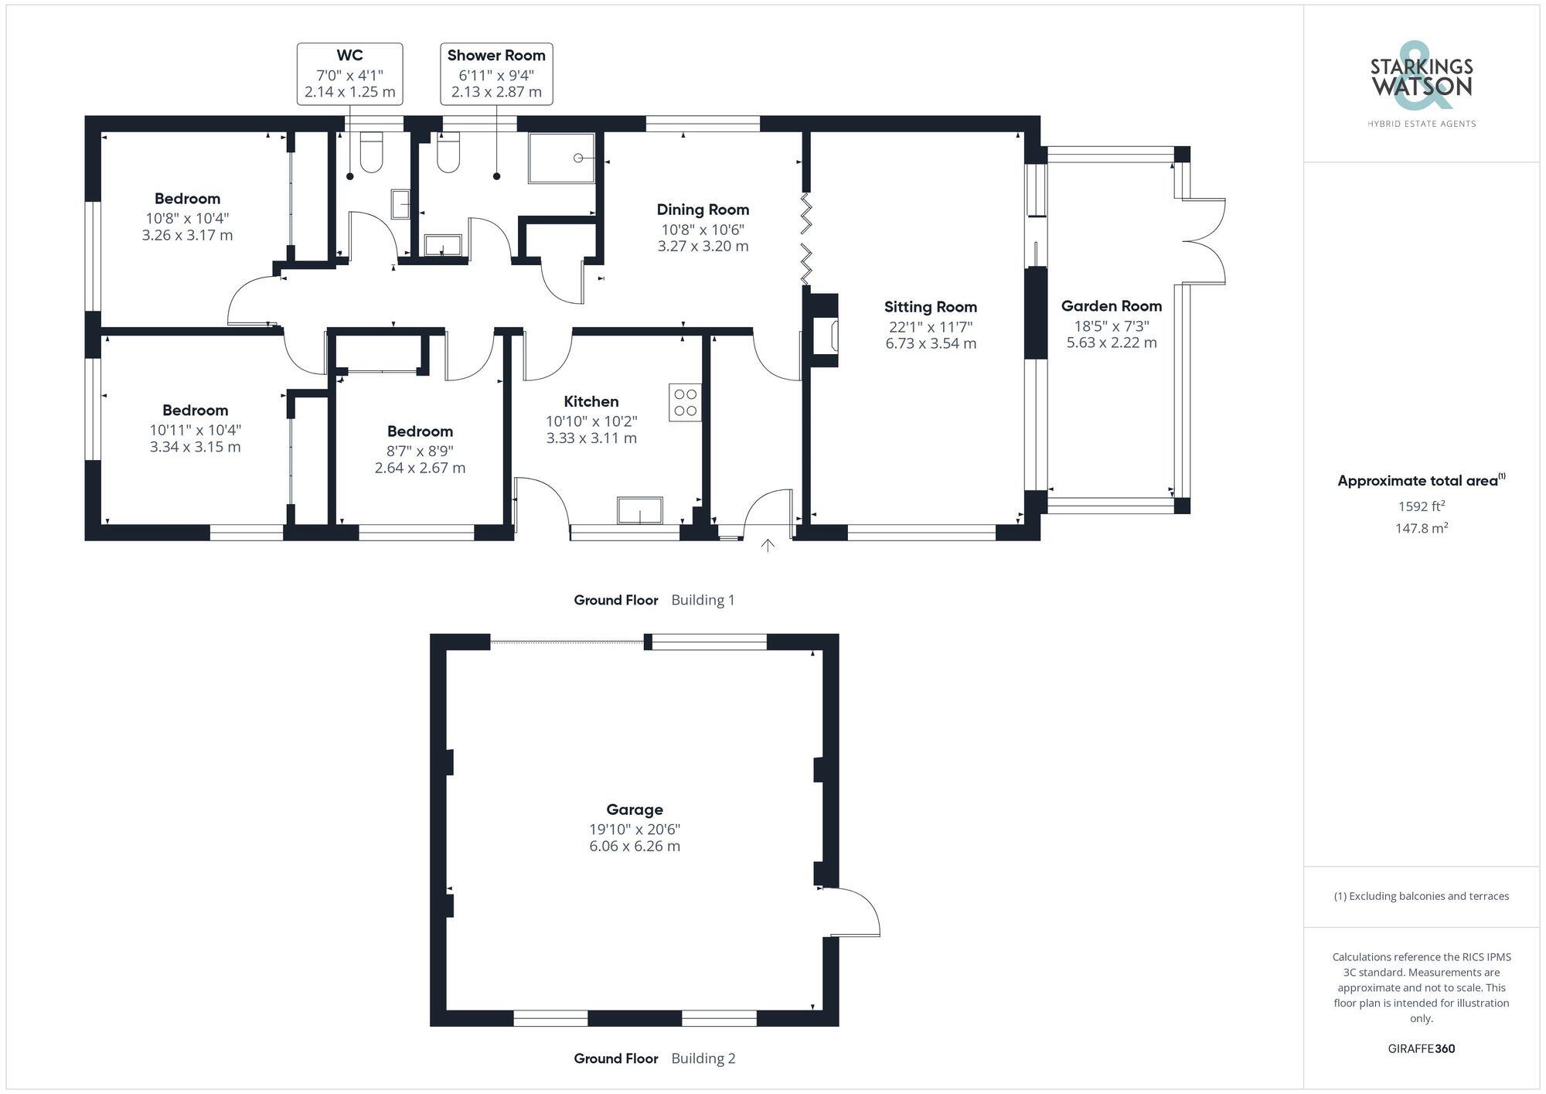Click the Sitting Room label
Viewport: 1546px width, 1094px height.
[x=931, y=307]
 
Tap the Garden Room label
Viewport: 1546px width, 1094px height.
[x=1112, y=306]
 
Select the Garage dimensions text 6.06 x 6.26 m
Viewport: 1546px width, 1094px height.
[x=635, y=847]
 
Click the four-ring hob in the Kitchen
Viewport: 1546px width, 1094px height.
[x=685, y=403]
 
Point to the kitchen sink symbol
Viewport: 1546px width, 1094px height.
[x=639, y=510]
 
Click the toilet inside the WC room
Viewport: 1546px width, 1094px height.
[x=372, y=152]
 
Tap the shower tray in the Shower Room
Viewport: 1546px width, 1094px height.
[x=562, y=158]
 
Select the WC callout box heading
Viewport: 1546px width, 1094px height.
[x=349, y=56]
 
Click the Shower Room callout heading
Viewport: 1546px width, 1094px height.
[x=496, y=56]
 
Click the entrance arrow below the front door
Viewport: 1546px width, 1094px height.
[x=768, y=546]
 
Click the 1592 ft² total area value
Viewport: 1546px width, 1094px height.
[x=1421, y=506]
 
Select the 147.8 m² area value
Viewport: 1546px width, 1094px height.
[x=1421, y=528]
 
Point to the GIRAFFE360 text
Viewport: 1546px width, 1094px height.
[x=1421, y=1049]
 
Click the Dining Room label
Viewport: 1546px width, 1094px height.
[x=703, y=210]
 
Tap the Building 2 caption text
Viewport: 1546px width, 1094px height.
[x=703, y=1058]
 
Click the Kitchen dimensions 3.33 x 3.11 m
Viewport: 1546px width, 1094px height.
[x=591, y=438]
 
